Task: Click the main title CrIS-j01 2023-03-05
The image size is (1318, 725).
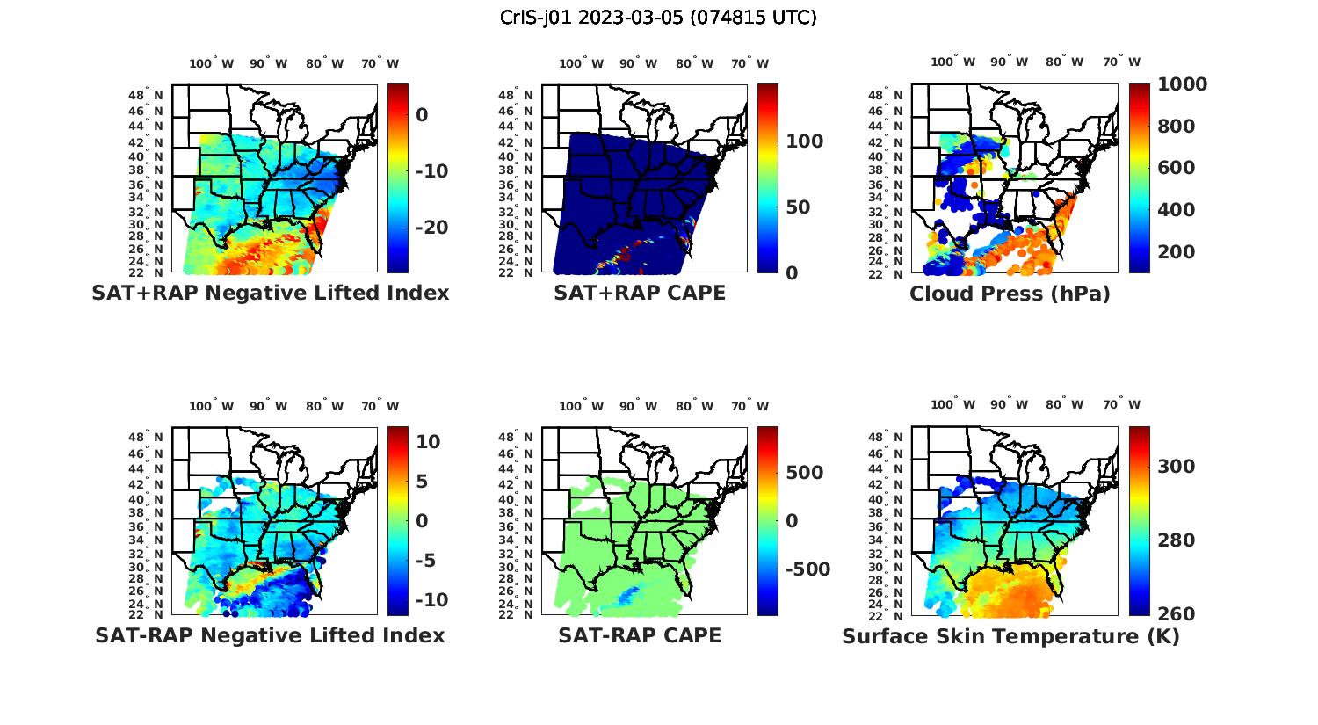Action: click(x=658, y=18)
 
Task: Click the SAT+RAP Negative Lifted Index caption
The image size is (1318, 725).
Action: click(x=271, y=293)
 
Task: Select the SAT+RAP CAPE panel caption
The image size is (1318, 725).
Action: click(x=640, y=293)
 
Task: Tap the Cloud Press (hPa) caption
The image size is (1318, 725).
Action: click(x=1010, y=294)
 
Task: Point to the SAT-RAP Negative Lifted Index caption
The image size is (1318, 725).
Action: click(x=270, y=635)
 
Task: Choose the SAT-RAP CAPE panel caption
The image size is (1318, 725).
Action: click(x=640, y=635)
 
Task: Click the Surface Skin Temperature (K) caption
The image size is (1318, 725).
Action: click(x=1010, y=636)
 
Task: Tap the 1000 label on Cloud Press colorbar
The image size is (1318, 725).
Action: click(x=1182, y=84)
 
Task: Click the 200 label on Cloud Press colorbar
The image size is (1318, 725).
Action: click(x=1177, y=252)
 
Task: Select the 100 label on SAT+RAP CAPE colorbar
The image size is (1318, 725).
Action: click(x=804, y=141)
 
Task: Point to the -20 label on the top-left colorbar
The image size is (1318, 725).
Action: click(x=431, y=228)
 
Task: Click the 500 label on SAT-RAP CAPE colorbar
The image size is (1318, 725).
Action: click(x=804, y=473)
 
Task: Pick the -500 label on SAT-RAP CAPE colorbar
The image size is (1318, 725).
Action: click(x=807, y=569)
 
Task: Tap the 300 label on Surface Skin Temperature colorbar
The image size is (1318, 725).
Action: click(x=1177, y=467)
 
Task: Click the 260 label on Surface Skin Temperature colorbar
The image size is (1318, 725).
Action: click(x=1177, y=613)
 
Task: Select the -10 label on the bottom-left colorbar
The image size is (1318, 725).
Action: click(x=431, y=600)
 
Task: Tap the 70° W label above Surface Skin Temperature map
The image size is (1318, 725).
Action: click(x=1121, y=404)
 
